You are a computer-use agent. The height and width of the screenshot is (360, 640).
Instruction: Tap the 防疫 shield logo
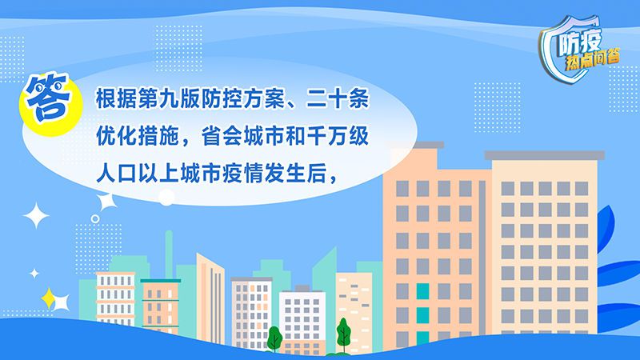tap(579, 48)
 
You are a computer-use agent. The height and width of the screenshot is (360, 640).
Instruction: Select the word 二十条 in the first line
tap(338, 98)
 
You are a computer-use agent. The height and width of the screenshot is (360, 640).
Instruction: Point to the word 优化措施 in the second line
tap(137, 136)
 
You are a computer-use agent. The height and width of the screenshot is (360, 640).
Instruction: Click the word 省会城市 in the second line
tap(243, 136)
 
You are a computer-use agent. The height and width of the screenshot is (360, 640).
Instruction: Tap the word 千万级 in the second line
tap(338, 136)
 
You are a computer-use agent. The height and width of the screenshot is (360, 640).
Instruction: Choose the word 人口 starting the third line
tap(116, 174)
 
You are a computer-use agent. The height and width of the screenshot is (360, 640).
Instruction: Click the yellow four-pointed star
tap(48, 298)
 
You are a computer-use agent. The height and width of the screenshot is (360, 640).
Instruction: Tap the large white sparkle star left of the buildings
tap(36, 215)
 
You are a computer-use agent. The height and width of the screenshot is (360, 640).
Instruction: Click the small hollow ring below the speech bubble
tap(95, 218)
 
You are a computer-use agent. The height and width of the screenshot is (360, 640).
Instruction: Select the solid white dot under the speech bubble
tap(166, 198)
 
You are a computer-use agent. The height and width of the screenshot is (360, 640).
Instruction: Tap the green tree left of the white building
tap(274, 338)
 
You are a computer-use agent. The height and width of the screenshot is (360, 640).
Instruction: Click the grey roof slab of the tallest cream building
tap(545, 155)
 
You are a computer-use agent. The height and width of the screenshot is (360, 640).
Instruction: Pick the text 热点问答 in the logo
tap(593, 60)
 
